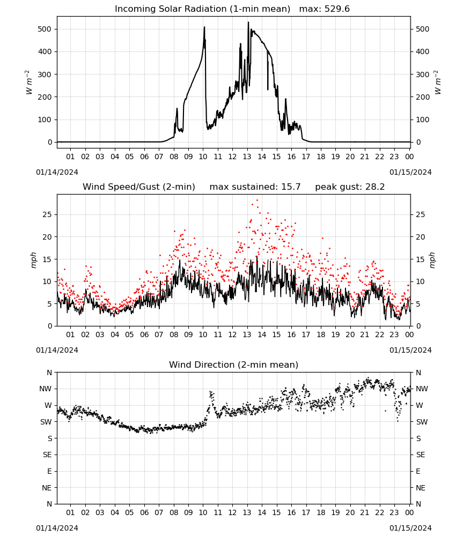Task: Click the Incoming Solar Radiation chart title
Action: point(202,9)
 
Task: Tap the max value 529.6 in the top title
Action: point(337,9)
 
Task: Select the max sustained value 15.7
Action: point(291,187)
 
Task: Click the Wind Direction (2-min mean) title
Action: point(234,364)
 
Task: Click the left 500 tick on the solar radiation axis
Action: point(45,29)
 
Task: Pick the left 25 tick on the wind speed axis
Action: point(47,215)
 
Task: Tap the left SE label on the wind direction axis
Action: point(47,455)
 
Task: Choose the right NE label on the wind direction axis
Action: point(421,488)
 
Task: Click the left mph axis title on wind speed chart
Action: point(33,260)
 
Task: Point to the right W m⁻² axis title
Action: point(438,82)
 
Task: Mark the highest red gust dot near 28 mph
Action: point(258,200)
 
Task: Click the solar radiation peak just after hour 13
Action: point(248,22)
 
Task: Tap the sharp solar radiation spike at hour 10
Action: point(204,27)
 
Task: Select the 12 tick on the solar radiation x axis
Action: point(232,157)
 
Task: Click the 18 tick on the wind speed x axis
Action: point(320,334)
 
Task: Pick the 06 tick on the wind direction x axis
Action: point(144,512)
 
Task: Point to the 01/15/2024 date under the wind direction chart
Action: point(410,528)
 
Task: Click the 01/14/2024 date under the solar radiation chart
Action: point(57,172)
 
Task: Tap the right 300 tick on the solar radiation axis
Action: point(423,75)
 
